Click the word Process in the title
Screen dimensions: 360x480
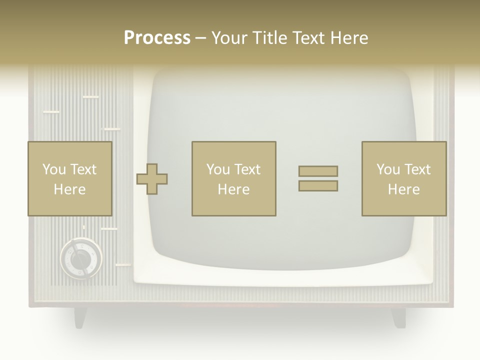[157, 38]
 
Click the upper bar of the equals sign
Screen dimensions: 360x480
[318, 171]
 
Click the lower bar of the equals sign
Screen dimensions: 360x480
[318, 186]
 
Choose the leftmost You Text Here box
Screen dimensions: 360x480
[69, 179]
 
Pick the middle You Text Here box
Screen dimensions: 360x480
[233, 179]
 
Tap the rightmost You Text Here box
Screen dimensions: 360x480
[403, 179]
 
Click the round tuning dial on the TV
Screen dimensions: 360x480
[81, 258]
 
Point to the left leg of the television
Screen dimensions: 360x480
[80, 317]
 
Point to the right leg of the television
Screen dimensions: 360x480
[398, 317]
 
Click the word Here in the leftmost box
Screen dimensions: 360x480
[69, 189]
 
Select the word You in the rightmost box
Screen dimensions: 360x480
[388, 169]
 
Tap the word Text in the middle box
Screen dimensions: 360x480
[247, 169]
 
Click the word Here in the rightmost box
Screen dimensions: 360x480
[403, 189]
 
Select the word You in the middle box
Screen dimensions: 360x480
[218, 169]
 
